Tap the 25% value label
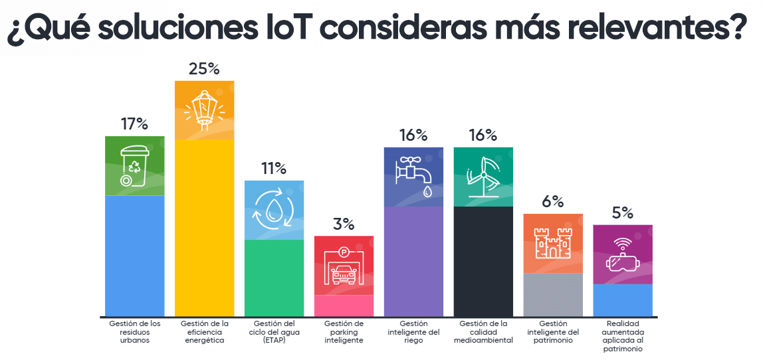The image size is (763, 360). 204,68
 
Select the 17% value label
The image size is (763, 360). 134,124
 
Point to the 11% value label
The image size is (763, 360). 274,169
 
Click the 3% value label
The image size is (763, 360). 344,225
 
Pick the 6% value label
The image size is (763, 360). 552,202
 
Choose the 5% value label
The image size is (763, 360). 623,213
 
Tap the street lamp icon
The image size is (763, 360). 204,109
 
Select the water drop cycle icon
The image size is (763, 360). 274,209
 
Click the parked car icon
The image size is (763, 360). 344,265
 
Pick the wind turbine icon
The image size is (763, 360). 483,177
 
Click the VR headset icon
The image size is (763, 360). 623,254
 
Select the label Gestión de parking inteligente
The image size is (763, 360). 344,332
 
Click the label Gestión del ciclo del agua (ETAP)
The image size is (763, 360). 274,332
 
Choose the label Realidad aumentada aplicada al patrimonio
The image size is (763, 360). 623,336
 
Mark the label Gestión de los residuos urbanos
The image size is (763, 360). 134,332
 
